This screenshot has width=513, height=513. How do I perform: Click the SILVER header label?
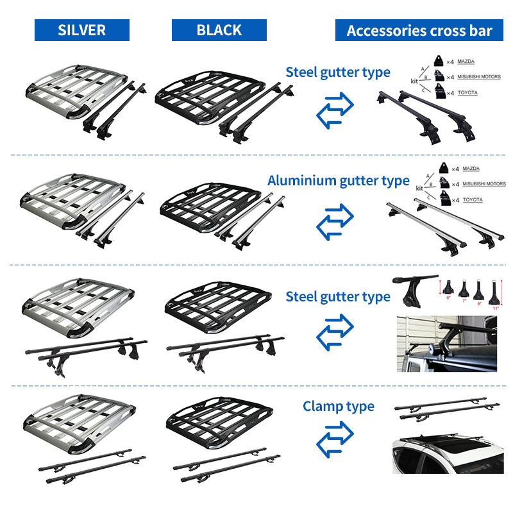click(82, 30)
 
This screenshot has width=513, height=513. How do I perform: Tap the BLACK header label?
click(219, 30)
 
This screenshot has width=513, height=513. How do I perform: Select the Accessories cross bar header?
click(419, 31)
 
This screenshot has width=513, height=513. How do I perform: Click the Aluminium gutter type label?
click(338, 181)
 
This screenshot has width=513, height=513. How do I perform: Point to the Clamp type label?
click(339, 407)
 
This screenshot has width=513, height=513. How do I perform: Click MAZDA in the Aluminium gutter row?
click(470, 169)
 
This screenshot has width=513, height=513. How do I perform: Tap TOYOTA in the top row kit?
click(467, 93)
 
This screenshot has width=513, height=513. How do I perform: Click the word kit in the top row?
click(417, 81)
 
